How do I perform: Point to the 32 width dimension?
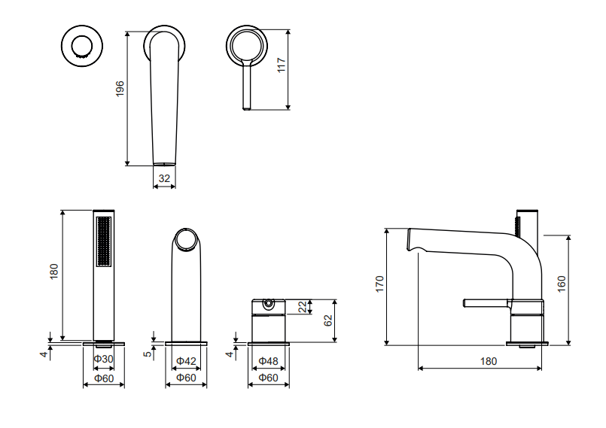[x=164, y=179]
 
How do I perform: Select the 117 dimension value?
[x=282, y=66]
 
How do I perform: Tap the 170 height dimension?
[x=380, y=284]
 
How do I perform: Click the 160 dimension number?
[x=562, y=284]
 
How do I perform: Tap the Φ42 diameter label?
[x=185, y=361]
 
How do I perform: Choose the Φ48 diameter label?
[x=268, y=361]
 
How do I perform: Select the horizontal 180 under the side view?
[x=489, y=361]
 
